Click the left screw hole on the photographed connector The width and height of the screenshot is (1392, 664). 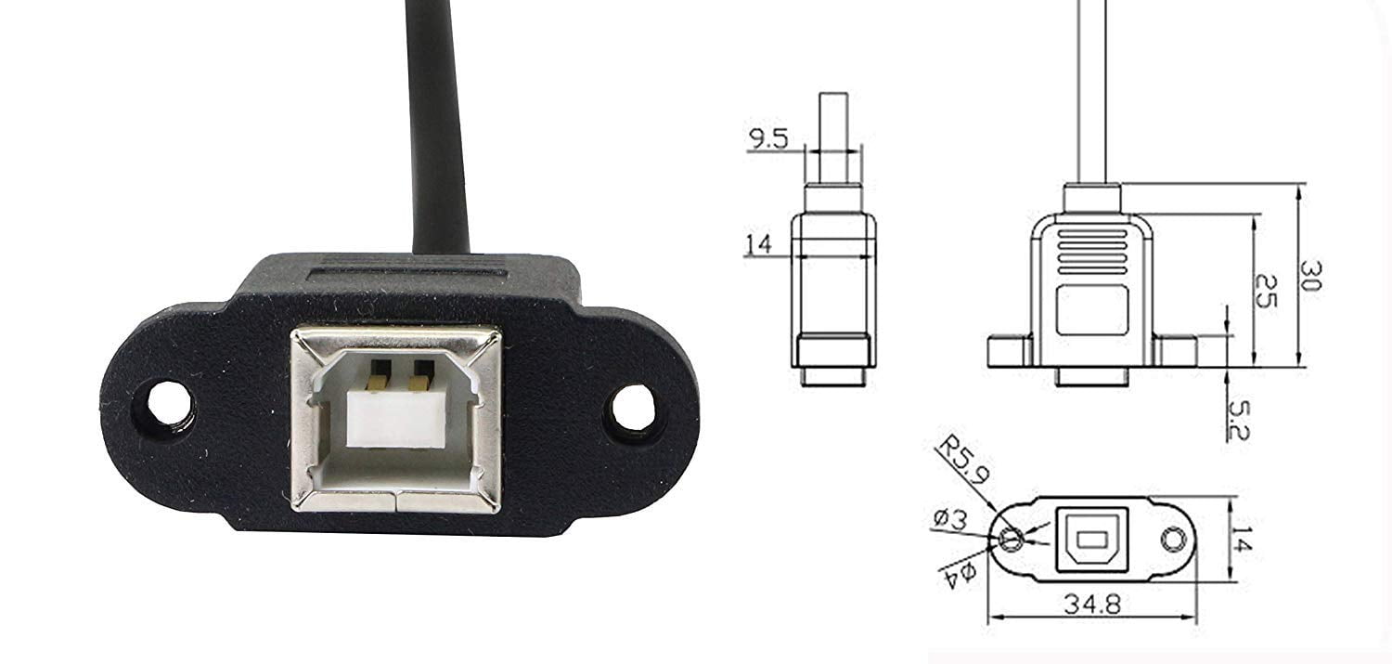click(168, 405)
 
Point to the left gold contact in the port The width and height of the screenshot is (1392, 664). click(378, 374)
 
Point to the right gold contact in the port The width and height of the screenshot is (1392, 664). click(421, 374)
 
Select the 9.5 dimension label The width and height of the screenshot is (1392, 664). click(768, 140)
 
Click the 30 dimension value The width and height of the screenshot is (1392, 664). click(1309, 276)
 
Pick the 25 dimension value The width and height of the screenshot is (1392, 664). click(1264, 292)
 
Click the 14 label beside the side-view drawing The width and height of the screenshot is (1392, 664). click(758, 244)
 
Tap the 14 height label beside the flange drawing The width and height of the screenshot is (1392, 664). click(1241, 540)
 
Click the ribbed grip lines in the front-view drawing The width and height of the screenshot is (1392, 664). click(1092, 251)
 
